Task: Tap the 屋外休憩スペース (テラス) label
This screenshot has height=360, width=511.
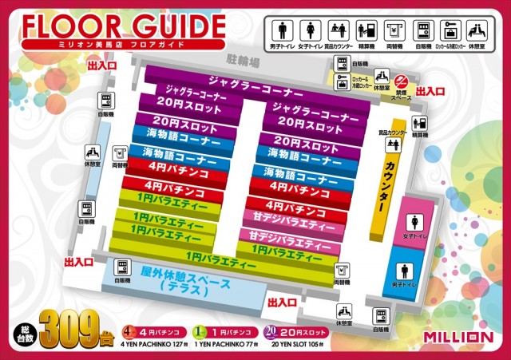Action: (184, 279)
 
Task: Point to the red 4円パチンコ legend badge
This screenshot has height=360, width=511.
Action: (128, 331)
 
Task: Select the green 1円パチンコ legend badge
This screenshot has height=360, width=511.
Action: (200, 331)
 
